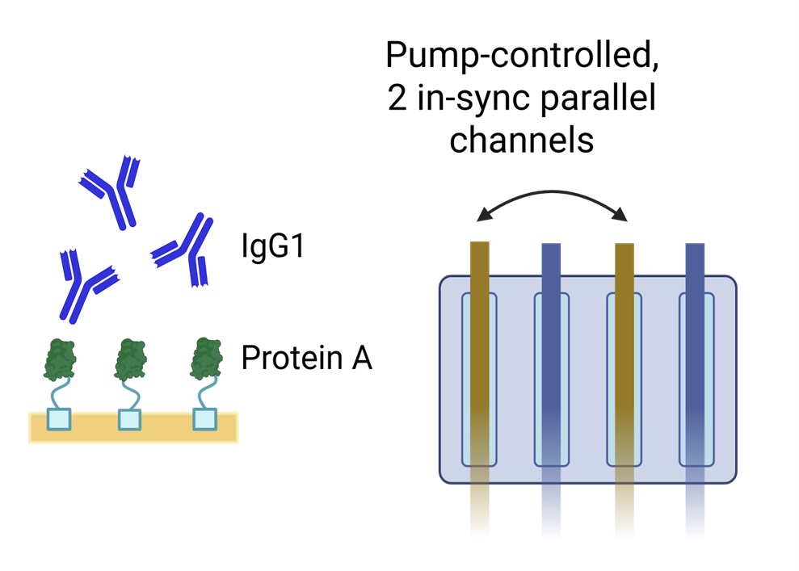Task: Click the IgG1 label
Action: pos(273,246)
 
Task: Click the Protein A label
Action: pos(306,357)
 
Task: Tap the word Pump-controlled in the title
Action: pos(521,54)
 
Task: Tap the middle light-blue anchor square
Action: pos(129,419)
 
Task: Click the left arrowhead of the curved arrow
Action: pos(482,216)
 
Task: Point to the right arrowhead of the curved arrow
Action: pos(622,216)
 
